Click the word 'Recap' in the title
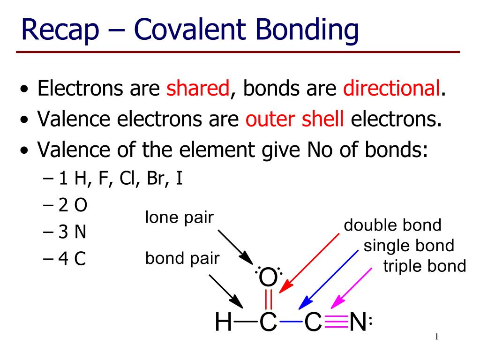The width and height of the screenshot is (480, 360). click(x=60, y=30)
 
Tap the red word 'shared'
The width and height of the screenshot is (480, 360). click(x=198, y=88)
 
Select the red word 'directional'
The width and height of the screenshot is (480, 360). click(x=391, y=88)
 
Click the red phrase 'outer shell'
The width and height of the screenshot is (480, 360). click(x=294, y=119)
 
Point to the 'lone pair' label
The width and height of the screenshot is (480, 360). click(x=180, y=218)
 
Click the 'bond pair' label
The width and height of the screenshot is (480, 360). click(x=182, y=258)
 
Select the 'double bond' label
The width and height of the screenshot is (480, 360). click(x=392, y=225)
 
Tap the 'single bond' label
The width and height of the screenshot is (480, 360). click(x=409, y=246)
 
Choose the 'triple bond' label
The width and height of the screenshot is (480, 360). click(x=425, y=266)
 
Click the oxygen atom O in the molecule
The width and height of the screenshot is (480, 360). click(x=268, y=277)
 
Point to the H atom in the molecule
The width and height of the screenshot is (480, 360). click(x=223, y=322)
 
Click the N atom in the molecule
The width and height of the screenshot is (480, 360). click(x=358, y=322)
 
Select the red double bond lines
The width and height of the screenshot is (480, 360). click(x=269, y=300)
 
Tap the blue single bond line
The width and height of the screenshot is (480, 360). click(x=291, y=322)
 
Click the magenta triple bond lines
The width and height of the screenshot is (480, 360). click(x=336, y=322)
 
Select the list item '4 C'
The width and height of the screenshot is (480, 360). click(x=65, y=259)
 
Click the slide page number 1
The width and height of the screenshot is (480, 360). click(x=436, y=337)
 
